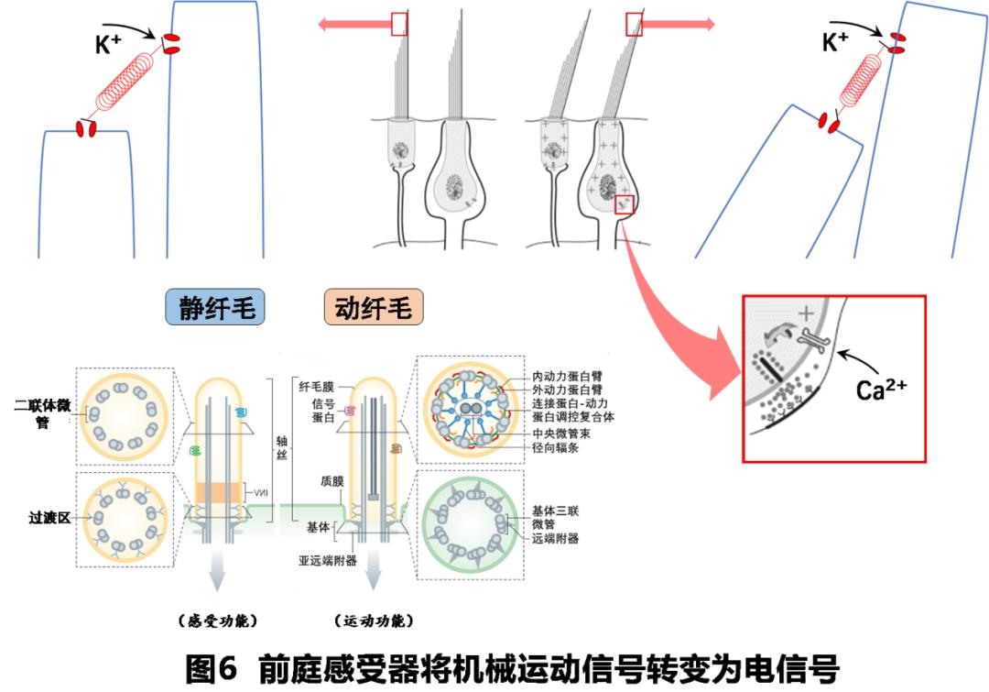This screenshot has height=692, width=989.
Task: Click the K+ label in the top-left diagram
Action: pos(109,44)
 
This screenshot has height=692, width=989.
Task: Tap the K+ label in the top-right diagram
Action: pos(835,41)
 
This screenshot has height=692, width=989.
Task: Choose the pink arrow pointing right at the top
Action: pos(679,24)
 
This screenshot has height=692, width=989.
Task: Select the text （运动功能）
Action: pos(374,621)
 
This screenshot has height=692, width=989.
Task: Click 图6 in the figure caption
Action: pos(212,666)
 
